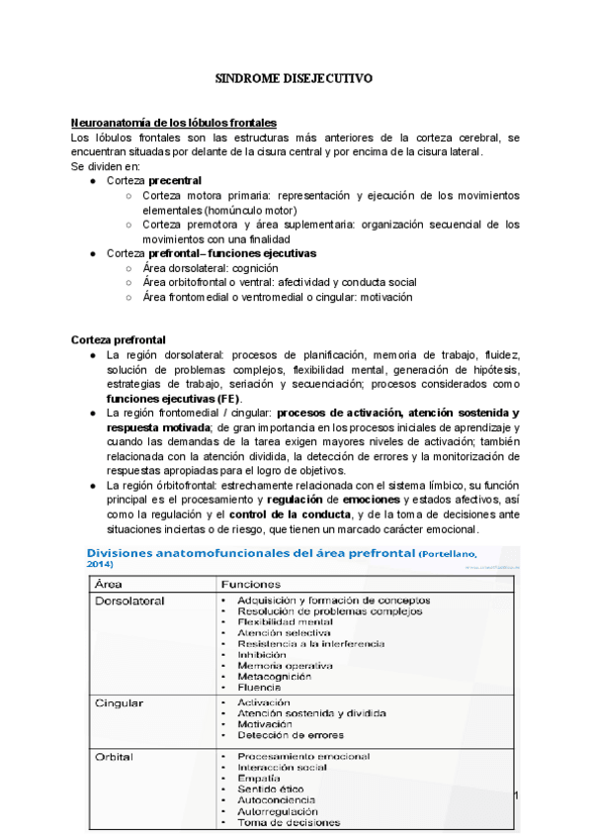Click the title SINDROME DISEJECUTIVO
(x=295, y=76)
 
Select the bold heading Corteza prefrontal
(x=119, y=338)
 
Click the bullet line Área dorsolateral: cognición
(x=211, y=268)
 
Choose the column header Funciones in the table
(x=252, y=584)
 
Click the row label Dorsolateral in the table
(x=129, y=600)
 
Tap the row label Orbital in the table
(x=115, y=757)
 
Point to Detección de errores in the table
(x=291, y=735)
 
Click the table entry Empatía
(x=260, y=779)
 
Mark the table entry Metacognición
(x=275, y=677)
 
